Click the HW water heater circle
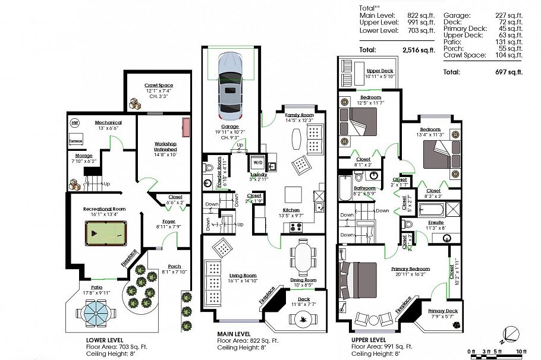75,124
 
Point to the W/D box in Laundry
257,162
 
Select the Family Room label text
299,115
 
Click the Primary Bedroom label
410,269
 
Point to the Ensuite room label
436,222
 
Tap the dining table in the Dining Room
304,257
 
